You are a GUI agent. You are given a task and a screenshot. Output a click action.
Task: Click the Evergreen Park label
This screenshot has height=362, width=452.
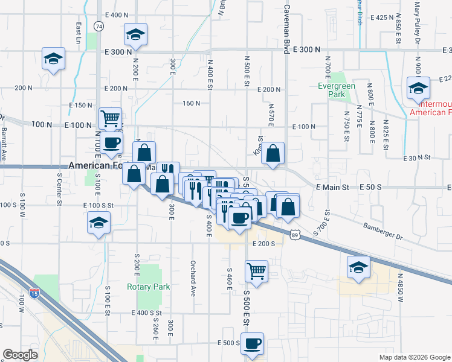pyautogui.click(x=336, y=90)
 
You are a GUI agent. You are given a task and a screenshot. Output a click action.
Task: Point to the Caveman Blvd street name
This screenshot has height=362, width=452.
pyautogui.click(x=286, y=27)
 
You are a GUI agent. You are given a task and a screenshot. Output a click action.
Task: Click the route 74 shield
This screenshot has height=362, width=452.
pyautogui.click(x=98, y=26)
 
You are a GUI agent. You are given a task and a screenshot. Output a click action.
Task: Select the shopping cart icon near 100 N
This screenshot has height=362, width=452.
pyautogui.click(x=110, y=118)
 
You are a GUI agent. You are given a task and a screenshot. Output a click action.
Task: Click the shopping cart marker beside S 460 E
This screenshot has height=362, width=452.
pyautogui.click(x=256, y=271)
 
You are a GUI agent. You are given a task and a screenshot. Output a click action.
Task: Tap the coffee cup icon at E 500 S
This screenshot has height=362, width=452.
pyautogui.click(x=252, y=343)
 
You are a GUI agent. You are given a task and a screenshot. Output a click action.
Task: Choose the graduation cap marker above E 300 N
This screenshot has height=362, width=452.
pyautogui.click(x=136, y=34)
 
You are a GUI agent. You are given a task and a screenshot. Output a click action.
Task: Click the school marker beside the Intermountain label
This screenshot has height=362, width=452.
pyautogui.click(x=418, y=87)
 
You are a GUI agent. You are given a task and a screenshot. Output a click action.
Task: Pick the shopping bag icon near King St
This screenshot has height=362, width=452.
pyautogui.click(x=273, y=153)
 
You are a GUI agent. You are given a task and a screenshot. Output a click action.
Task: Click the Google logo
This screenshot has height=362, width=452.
pyautogui.click(x=21, y=355)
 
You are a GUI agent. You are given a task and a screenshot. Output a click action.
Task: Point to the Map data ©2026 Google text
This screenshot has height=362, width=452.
pyautogui.click(x=414, y=357)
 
